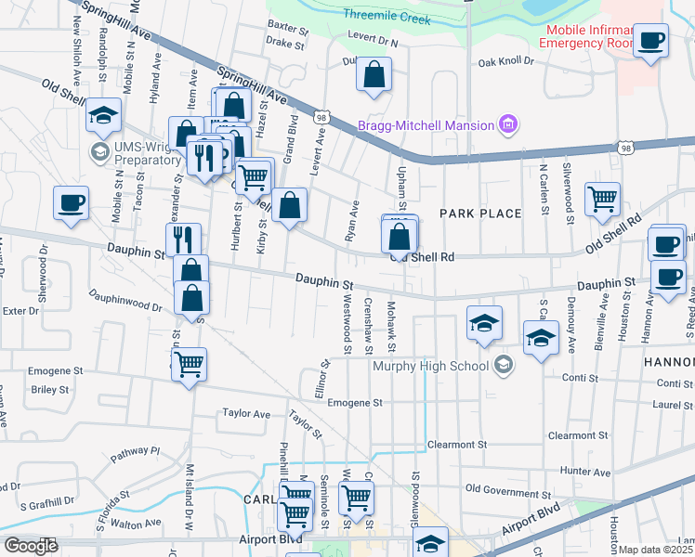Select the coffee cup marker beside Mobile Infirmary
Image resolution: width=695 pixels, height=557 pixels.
(x=649, y=41)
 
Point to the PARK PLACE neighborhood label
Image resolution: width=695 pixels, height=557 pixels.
(x=480, y=214)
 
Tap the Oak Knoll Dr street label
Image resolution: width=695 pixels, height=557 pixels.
(x=506, y=62)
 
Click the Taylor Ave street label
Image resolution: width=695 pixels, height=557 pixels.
(x=245, y=414)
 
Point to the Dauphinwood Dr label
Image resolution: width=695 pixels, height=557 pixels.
(x=125, y=301)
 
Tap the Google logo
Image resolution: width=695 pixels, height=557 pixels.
(x=31, y=546)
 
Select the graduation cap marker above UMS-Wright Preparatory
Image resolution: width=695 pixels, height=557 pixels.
(x=103, y=115)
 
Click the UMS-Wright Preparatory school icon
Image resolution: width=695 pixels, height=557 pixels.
(x=99, y=150)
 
